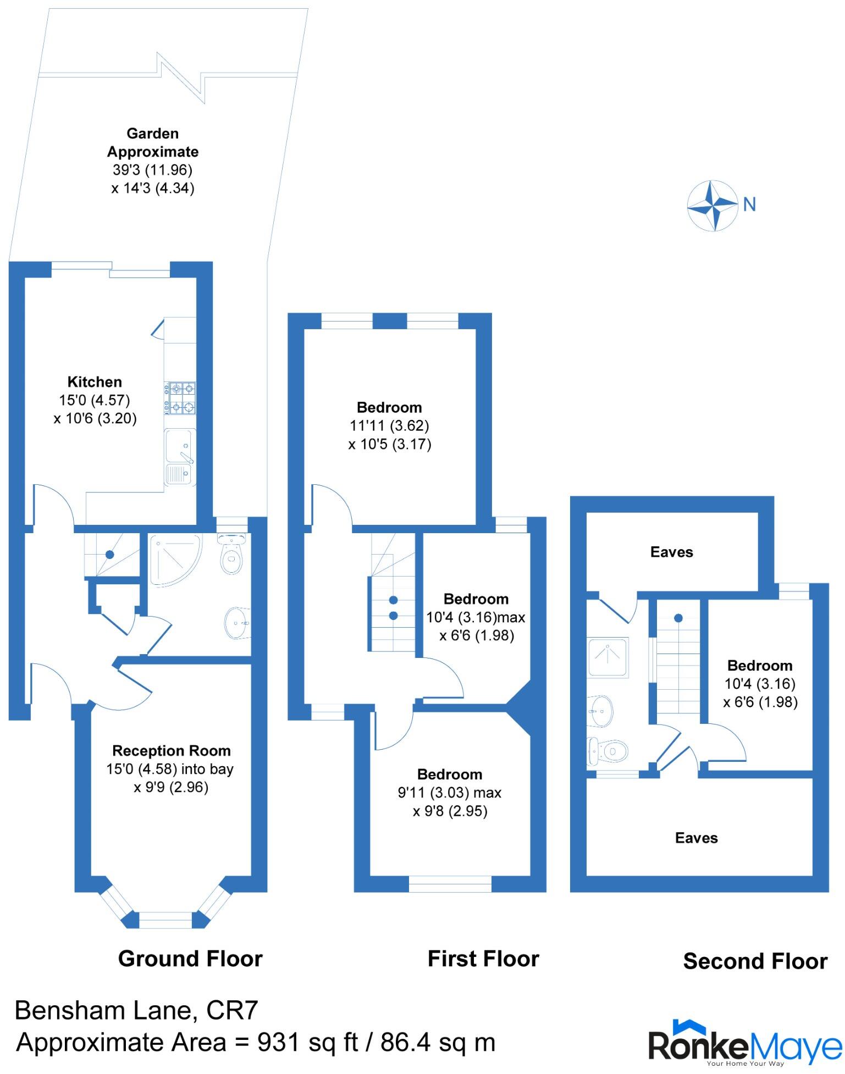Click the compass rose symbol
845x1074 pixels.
713,206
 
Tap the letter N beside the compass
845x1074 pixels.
749,204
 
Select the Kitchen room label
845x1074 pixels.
95,382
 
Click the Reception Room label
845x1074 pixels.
171,751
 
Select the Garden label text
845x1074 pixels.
152,134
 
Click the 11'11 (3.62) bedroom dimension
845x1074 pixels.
389,425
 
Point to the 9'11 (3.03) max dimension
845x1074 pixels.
449,793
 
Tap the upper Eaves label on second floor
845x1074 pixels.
671,552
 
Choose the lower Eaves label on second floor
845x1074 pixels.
696,838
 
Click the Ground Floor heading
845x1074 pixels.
190,959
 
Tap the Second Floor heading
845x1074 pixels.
755,961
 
